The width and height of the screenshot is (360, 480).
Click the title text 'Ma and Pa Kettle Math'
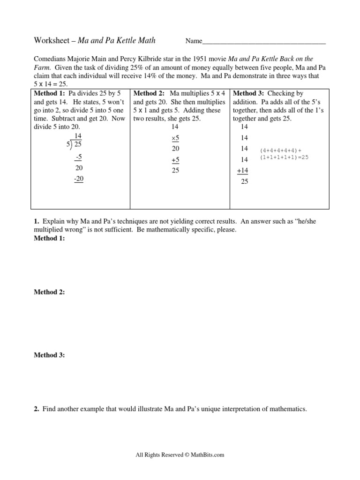[x=116, y=41]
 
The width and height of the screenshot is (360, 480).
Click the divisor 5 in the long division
[x=68, y=145]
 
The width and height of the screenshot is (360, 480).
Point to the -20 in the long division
[x=78, y=179]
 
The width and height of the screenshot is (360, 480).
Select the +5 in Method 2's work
[x=175, y=160]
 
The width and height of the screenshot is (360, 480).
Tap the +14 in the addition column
[x=243, y=171]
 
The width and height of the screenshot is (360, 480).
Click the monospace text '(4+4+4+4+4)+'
[x=280, y=150]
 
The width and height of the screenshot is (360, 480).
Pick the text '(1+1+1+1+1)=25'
[x=284, y=157]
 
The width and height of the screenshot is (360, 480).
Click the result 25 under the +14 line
[x=244, y=182]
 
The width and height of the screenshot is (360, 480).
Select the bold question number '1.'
[x=36, y=221]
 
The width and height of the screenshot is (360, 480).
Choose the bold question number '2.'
[x=36, y=409]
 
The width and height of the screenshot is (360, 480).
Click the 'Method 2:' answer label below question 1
[x=49, y=292]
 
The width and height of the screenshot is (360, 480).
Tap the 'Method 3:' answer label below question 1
[x=49, y=355]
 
